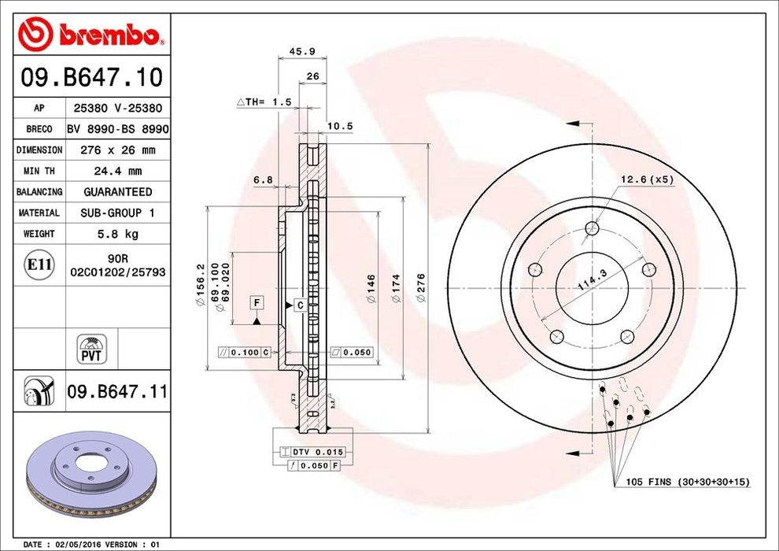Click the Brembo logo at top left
click(x=91, y=33)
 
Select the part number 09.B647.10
click(x=91, y=77)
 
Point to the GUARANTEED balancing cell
click(x=118, y=192)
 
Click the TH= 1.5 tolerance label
click(x=264, y=102)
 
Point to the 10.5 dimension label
click(x=340, y=126)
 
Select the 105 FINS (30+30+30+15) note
click(x=687, y=482)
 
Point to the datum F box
click(x=256, y=302)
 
